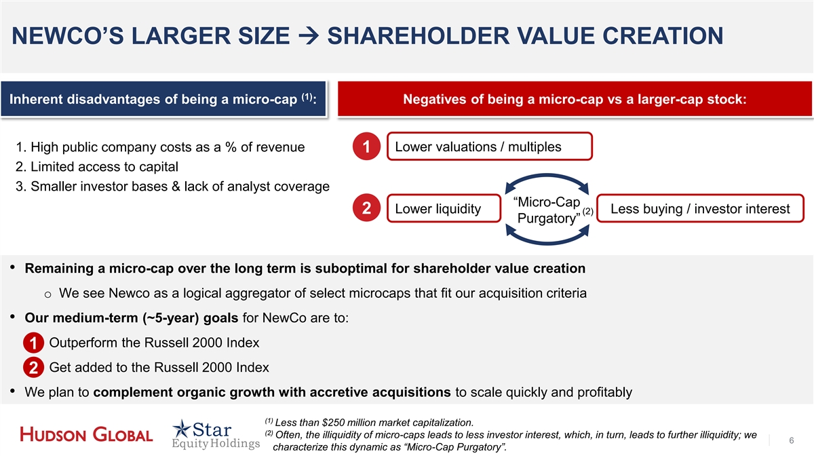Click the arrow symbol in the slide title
coord(308,36)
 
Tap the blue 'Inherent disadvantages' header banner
coord(163,99)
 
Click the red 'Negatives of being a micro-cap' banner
coord(575,99)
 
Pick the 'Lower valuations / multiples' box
coord(490,147)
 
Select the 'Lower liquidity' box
coord(444,208)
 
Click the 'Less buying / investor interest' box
coord(700,208)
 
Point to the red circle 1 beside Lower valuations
coord(366,147)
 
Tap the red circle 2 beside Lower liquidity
coord(366,208)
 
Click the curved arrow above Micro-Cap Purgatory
coord(547,176)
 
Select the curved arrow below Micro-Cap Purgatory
coord(547,242)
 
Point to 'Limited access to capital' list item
coord(96,166)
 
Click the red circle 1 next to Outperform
coord(33,343)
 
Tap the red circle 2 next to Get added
coord(33,368)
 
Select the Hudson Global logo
coord(86,435)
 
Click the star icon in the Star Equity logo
coord(181,429)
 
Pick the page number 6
coord(792,440)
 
